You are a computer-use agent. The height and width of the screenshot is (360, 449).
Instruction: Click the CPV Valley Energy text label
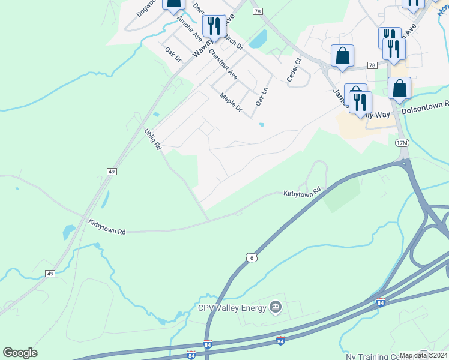click(232, 308)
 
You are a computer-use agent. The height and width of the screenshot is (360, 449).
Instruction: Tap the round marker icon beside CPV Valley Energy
click(276, 308)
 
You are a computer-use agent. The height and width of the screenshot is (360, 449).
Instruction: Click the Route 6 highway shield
click(251, 257)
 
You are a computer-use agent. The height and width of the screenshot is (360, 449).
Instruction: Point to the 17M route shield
click(402, 143)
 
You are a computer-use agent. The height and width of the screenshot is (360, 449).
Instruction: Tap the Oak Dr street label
click(173, 53)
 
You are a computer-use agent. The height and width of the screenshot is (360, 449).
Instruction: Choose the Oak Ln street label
click(262, 96)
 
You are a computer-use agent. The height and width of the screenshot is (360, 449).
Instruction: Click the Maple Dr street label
click(231, 102)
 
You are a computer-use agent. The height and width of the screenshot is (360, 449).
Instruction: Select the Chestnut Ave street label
click(223, 65)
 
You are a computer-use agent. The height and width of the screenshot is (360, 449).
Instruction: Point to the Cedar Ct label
click(293, 70)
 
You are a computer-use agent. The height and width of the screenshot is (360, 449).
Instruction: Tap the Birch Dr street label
click(232, 41)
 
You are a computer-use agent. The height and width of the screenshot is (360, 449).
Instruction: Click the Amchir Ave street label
click(189, 28)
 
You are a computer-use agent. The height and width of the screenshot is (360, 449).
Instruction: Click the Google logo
click(20, 353)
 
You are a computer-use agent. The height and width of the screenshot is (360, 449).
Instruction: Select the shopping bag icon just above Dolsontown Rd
click(399, 89)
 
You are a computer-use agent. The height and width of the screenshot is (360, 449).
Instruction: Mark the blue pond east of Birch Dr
click(258, 40)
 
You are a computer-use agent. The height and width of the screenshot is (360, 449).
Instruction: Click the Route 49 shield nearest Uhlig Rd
click(112, 172)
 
